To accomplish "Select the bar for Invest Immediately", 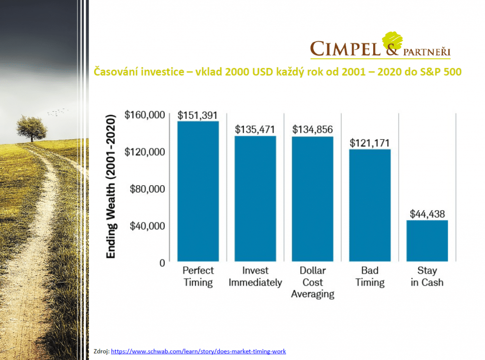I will (255, 198).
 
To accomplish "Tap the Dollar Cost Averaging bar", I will (313, 199).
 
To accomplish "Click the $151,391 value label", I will (198, 115).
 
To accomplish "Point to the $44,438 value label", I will (427, 214).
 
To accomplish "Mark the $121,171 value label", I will (369, 143).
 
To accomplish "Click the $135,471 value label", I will (255, 129).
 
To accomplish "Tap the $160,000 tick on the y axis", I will (144, 115).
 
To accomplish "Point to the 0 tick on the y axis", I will (162, 262).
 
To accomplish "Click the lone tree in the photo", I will (32, 127).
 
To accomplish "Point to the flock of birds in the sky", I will (57, 112).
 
